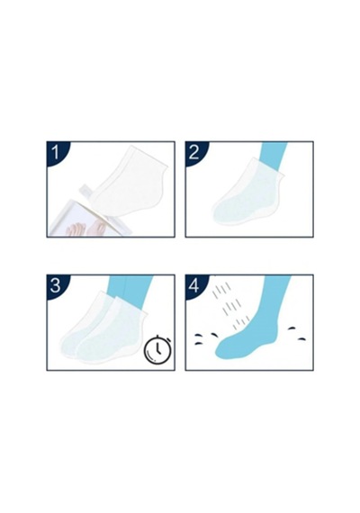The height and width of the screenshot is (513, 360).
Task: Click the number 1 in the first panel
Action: point(56,152)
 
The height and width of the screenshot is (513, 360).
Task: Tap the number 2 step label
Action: point(193,152)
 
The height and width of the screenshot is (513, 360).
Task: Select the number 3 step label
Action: point(55,285)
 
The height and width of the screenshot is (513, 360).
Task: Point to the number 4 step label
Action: point(193,285)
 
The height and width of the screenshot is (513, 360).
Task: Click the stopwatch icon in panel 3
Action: point(158,349)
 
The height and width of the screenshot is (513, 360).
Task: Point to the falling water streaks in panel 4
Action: point(229,306)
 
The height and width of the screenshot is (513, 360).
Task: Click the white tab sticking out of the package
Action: point(86,191)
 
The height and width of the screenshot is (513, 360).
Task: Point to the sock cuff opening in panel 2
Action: point(267,167)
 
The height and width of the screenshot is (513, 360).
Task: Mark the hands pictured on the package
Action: point(85,229)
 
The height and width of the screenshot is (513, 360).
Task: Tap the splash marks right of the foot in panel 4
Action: point(297,333)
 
